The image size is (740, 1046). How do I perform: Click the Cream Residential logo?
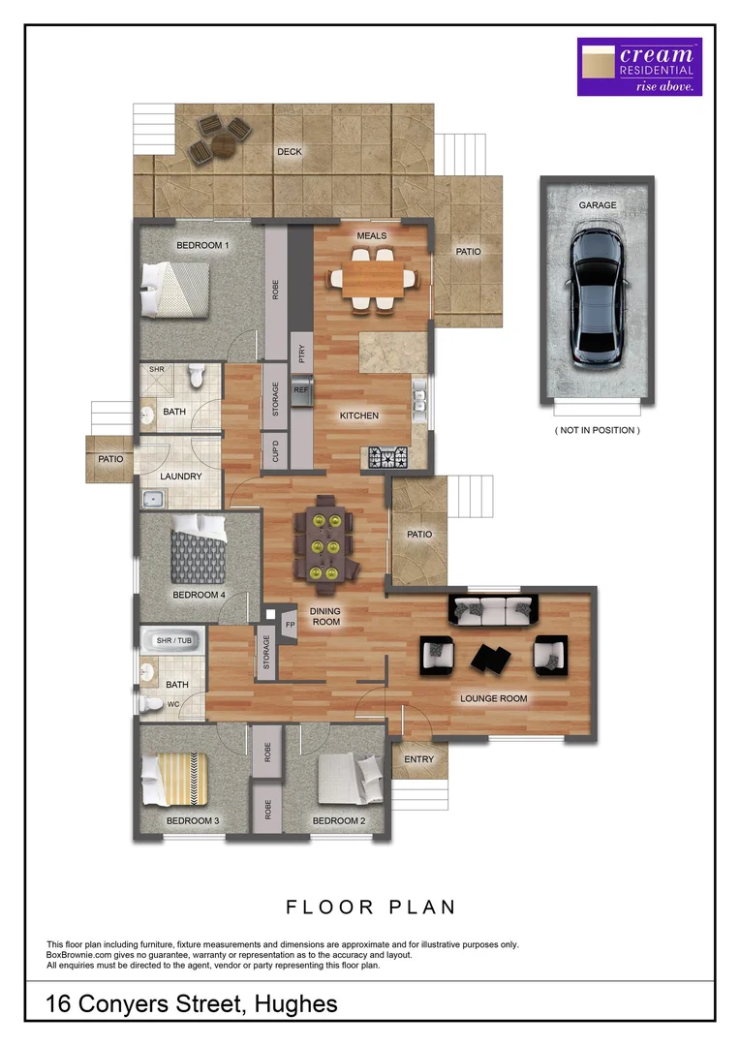point(639,67)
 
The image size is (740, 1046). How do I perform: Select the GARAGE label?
point(598,206)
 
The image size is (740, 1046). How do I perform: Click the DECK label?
point(289,152)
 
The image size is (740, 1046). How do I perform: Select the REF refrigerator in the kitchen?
point(300,391)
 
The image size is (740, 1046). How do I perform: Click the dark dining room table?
point(324,545)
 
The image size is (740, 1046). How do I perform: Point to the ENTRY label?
point(418,759)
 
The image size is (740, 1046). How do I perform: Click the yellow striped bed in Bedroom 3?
point(175,776)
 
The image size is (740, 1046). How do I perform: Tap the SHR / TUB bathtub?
point(172,641)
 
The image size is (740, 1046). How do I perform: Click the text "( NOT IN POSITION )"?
point(597,430)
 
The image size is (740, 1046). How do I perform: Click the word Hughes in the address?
point(295,1004)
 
